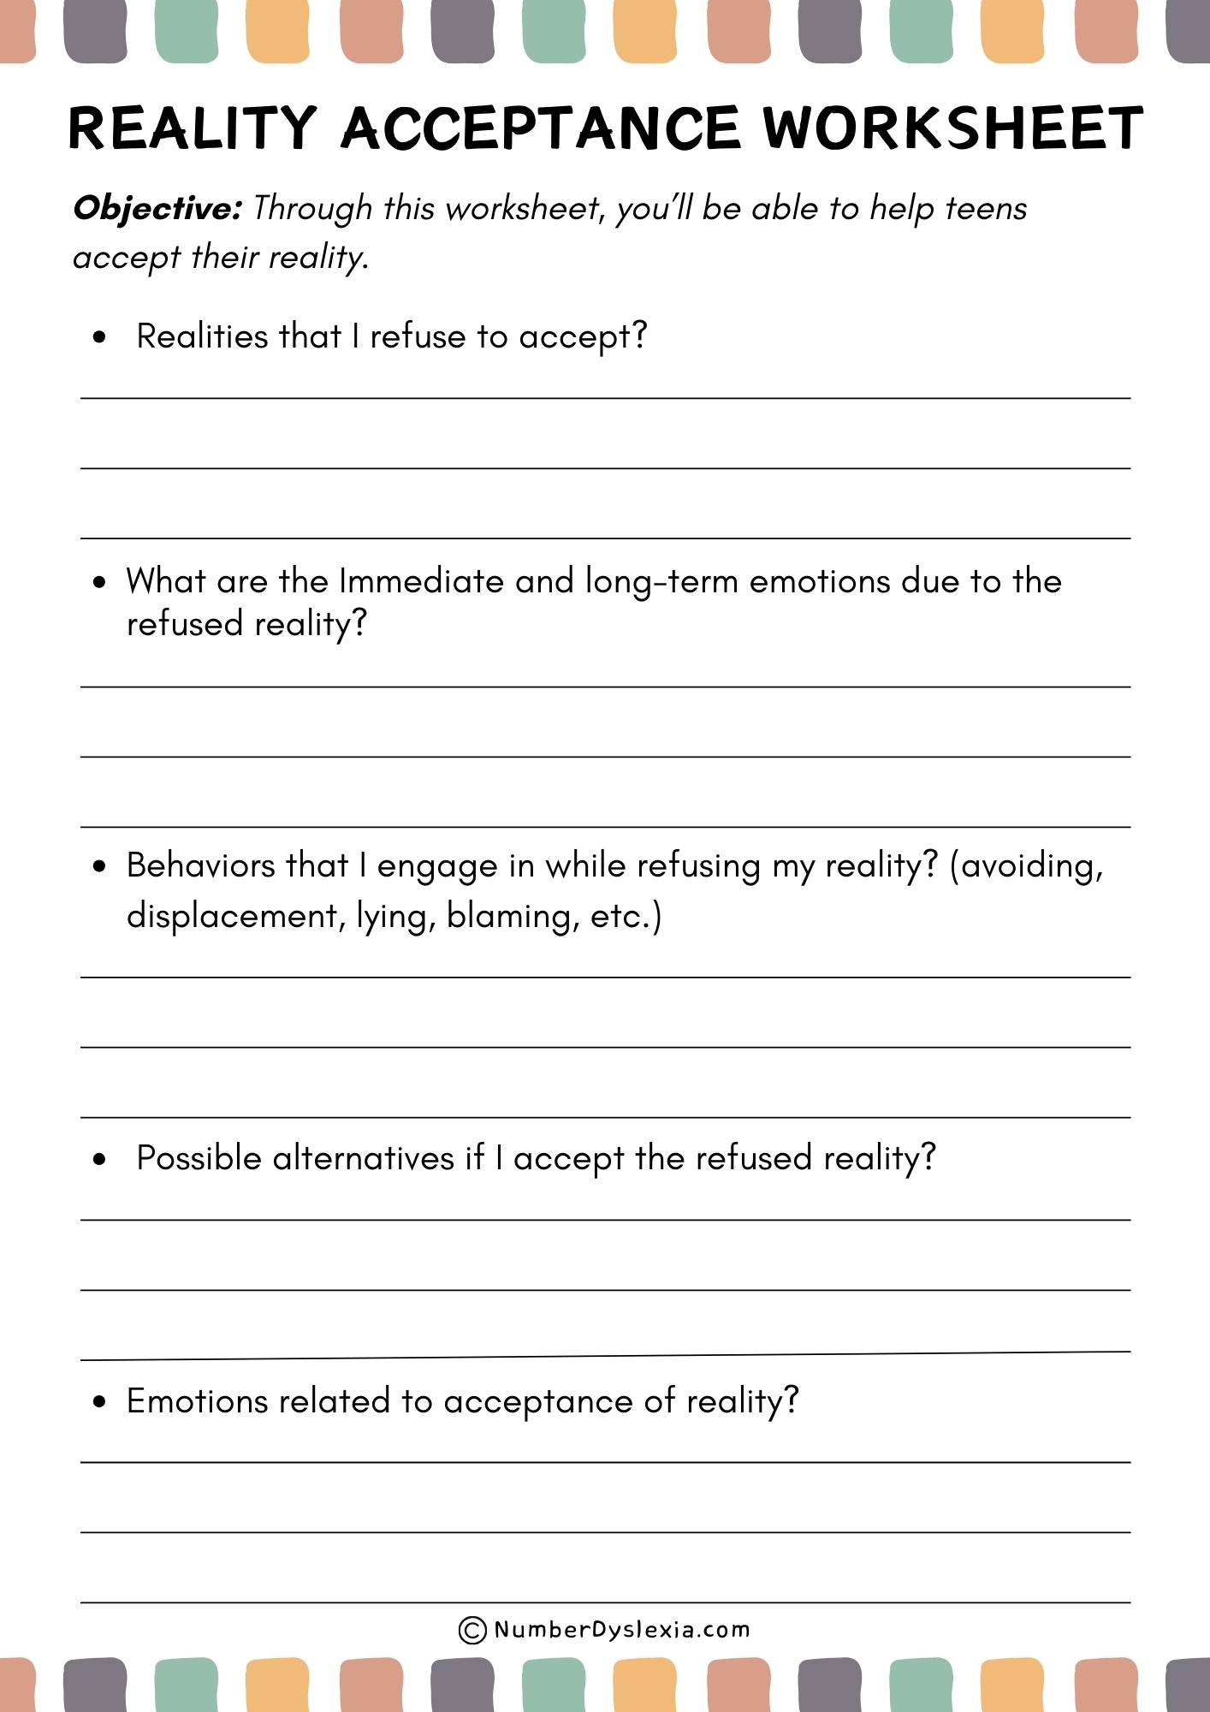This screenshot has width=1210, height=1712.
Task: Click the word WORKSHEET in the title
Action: click(952, 128)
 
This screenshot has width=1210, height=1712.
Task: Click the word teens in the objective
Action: click(986, 208)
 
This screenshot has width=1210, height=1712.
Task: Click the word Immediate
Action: click(421, 581)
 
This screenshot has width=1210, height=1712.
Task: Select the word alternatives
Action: click(363, 1158)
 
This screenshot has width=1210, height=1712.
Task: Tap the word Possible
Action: click(199, 1158)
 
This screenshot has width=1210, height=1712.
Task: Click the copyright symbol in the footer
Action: click(472, 1630)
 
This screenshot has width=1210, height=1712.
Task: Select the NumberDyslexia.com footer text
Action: click(621, 1630)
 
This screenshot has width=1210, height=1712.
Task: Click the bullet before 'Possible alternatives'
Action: click(100, 1160)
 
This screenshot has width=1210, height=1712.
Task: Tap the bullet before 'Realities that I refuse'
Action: click(100, 337)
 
